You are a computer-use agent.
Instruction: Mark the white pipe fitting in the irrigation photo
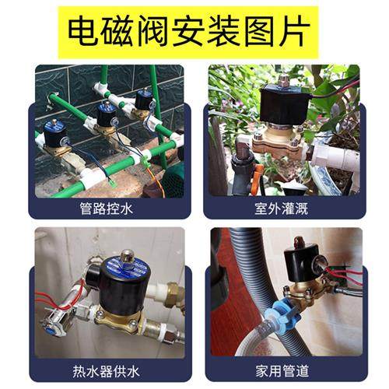click(336, 156)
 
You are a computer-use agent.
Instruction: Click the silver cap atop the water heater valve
click(128, 253)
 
